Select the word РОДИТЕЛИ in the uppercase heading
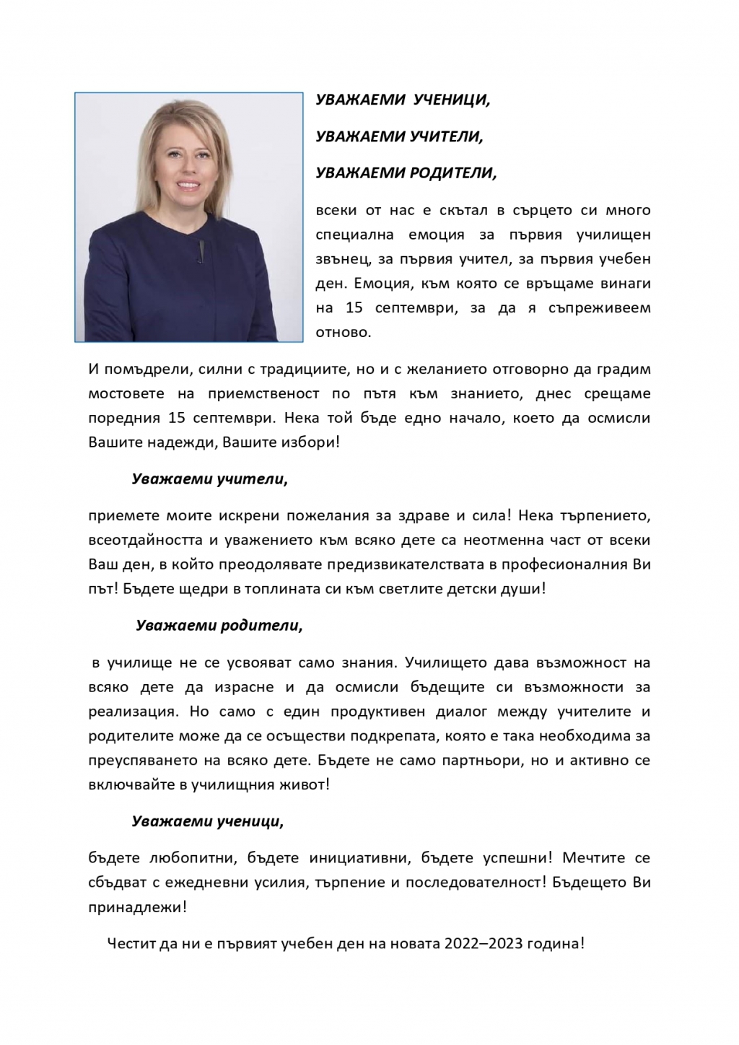[452, 173]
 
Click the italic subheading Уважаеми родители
[219, 625]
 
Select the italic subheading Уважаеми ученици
[207, 821]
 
